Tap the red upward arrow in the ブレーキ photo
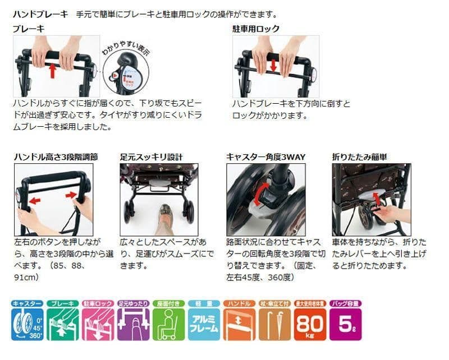tap(52, 70)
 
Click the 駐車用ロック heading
tap(256, 29)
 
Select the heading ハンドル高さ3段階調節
tap(56, 157)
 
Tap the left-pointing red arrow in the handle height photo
tap(35, 201)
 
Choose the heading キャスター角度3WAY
tap(265, 157)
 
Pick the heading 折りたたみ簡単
tap(359, 157)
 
